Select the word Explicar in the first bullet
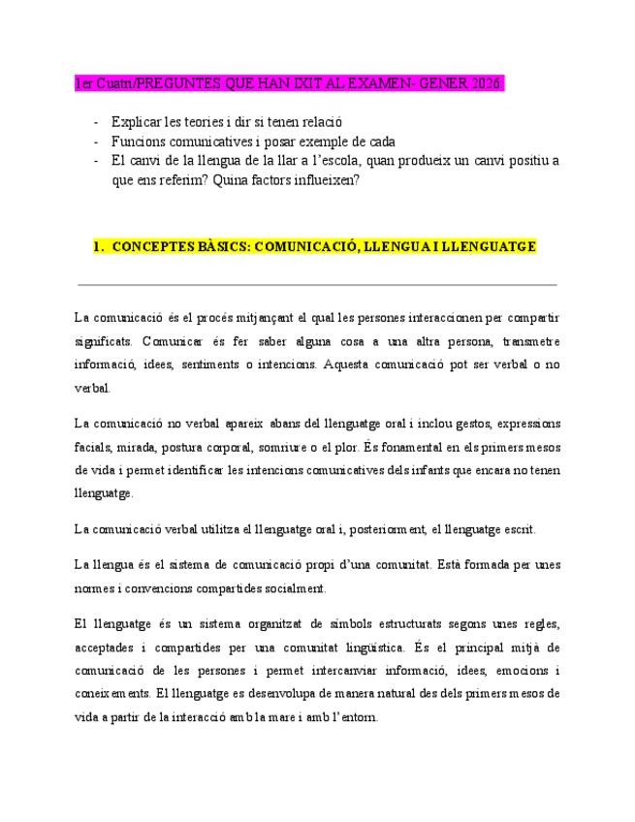click(138, 124)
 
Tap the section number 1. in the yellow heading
click(99, 247)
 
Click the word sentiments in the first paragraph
click(254, 365)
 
